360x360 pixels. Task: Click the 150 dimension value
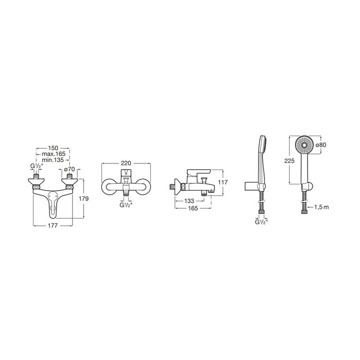click(x=53, y=148)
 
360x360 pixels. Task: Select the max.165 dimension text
click(x=53, y=154)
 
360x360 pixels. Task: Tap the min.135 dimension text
click(x=53, y=160)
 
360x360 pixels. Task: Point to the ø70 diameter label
click(x=69, y=169)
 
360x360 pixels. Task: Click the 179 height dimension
click(x=83, y=199)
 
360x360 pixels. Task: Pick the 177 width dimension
click(x=53, y=226)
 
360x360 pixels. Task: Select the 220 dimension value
click(x=126, y=163)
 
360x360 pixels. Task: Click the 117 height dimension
click(x=223, y=182)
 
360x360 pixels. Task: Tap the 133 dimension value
click(x=189, y=201)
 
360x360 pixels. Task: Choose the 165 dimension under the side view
click(x=193, y=208)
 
